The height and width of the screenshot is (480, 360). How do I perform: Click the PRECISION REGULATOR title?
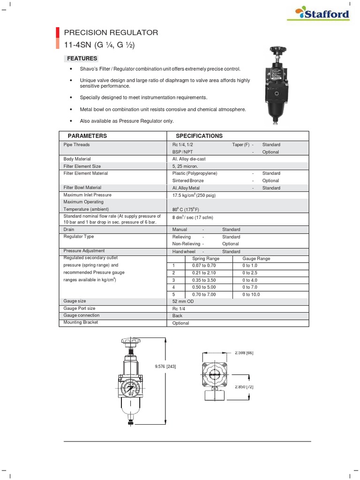click(111, 33)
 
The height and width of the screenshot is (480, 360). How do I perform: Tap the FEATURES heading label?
click(82, 59)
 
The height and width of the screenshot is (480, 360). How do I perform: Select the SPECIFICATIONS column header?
click(199, 136)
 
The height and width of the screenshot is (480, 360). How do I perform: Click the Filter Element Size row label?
click(82, 166)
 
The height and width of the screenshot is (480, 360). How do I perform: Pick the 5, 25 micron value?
click(185, 166)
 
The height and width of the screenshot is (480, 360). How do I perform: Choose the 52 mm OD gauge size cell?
click(183, 301)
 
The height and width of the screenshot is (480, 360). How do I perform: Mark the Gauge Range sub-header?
click(256, 259)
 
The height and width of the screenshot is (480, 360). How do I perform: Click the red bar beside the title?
click(58, 38)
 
